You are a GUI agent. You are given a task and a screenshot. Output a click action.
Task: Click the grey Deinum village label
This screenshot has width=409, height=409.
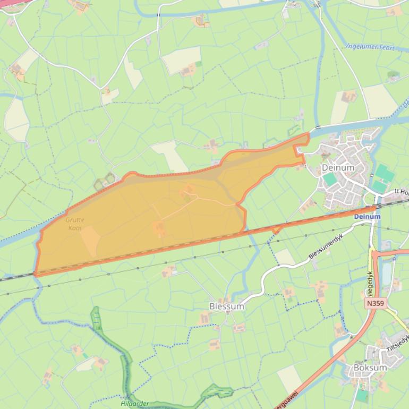[338, 168]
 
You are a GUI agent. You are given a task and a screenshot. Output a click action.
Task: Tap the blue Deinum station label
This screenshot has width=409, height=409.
[367, 217]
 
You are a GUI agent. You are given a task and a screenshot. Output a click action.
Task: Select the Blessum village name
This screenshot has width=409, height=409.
[227, 306]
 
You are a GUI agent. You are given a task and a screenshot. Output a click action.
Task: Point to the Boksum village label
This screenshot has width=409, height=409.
[370, 367]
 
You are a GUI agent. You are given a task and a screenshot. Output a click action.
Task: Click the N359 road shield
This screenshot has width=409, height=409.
[374, 303]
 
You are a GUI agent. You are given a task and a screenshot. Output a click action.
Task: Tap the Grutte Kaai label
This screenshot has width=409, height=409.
[75, 224]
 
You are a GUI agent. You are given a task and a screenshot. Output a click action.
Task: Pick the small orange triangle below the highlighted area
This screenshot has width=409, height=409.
[276, 229]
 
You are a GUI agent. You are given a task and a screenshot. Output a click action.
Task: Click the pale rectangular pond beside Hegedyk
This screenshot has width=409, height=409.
[386, 272]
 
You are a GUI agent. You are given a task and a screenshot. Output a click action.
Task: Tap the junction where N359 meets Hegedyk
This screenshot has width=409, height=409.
[373, 253]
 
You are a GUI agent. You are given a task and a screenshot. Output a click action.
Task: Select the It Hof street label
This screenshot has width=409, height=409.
[402, 192]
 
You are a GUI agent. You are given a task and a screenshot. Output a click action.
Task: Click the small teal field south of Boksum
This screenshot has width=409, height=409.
[362, 395]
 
